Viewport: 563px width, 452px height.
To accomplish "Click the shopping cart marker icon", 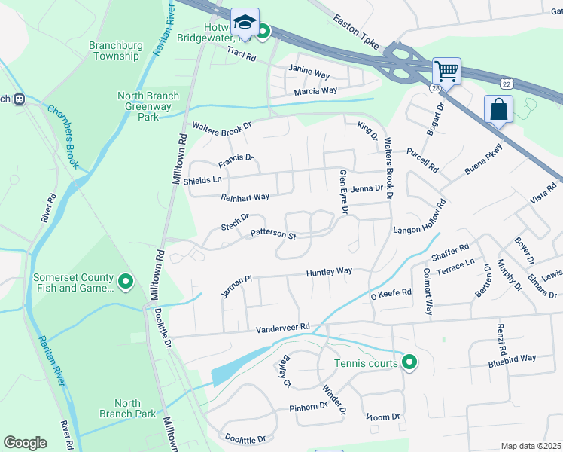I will pos(447,72).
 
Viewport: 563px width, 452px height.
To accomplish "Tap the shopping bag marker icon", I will pos(498,109).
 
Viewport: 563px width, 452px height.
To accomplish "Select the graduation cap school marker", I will pos(245,22).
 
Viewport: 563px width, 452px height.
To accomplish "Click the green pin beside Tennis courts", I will pos(409,364).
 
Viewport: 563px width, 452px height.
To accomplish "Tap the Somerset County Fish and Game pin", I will pos(126,282).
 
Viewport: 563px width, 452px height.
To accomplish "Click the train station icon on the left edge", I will pos(21,99).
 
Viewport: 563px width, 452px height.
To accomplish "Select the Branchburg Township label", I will pos(114,50).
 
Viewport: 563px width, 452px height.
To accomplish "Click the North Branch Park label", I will pos(127,408).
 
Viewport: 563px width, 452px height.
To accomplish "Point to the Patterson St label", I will pos(272,234).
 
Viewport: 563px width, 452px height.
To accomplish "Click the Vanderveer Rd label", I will pos(282,327).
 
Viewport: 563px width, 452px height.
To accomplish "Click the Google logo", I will pos(26,442).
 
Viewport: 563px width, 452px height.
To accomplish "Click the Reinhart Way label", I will pos(245,197).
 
